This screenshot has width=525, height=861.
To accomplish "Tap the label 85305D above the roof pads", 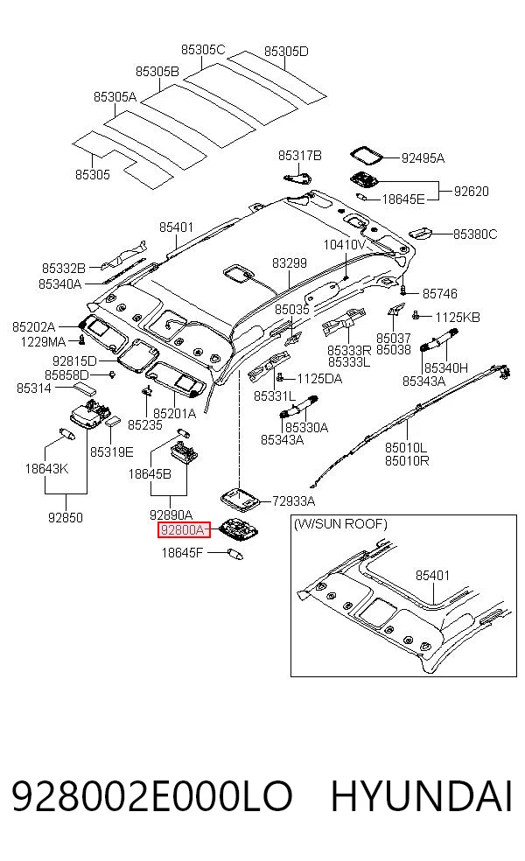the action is coord(286,51).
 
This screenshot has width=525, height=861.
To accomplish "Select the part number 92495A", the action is coord(423,158).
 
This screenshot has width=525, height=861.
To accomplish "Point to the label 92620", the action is coord(471,191).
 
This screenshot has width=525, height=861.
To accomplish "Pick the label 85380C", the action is coord(475,234).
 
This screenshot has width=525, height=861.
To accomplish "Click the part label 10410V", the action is coord(345,244).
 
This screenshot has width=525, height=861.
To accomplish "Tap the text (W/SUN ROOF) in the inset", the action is coord(340,524).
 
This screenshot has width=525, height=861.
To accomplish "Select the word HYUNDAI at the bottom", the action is coord(422,796).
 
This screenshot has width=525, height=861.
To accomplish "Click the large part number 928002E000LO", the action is coord(151,796).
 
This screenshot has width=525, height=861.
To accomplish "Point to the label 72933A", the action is coord(294,500).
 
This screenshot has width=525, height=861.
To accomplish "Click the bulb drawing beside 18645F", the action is coord(235,553).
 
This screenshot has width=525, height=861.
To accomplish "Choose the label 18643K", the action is coord(46,468).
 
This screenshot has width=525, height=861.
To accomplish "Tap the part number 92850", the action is coord(66,517).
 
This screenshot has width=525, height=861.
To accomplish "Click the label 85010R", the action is coord(407,460).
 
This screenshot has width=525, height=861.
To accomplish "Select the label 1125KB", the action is coord(458,317).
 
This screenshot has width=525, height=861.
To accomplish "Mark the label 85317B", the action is coord(300,156).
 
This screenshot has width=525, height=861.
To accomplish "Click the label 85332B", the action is coord(64,268).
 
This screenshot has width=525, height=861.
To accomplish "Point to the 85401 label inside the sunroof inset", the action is coord(433,575).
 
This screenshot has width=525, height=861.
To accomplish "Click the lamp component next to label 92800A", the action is coord(240,528).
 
